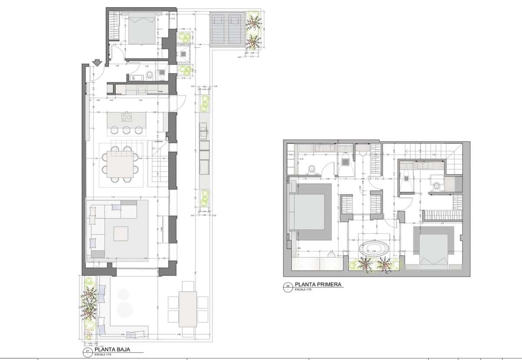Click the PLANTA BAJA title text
[x=112, y=349]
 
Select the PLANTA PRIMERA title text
[x=318, y=285]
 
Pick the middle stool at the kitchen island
[x=127, y=130]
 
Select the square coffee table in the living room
[x=121, y=234]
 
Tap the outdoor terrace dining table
[x=188, y=309]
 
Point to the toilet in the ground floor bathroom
[x=150, y=77]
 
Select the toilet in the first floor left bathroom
[x=311, y=168]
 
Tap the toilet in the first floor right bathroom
[x=436, y=187]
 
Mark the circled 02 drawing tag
[x=288, y=286]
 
